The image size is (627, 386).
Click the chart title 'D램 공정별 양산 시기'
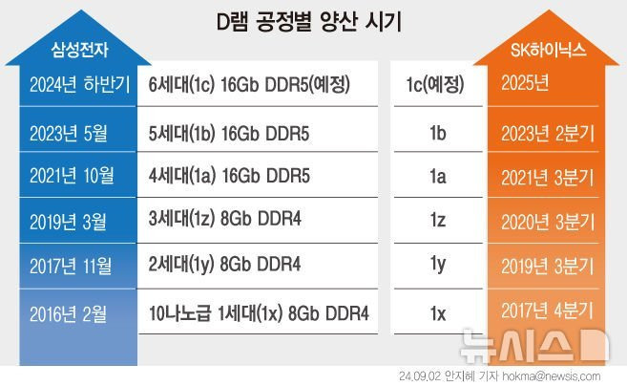[x=313, y=21]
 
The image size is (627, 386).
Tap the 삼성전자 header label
[x=72, y=50]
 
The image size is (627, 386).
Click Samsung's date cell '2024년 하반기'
[x=72, y=85]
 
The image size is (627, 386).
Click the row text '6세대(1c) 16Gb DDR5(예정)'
[x=251, y=85]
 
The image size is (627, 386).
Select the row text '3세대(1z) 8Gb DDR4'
[x=224, y=221]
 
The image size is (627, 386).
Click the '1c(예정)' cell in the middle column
[x=434, y=85]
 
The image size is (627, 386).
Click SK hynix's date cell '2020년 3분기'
[x=547, y=221]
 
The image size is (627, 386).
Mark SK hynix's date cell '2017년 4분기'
[x=547, y=311]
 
